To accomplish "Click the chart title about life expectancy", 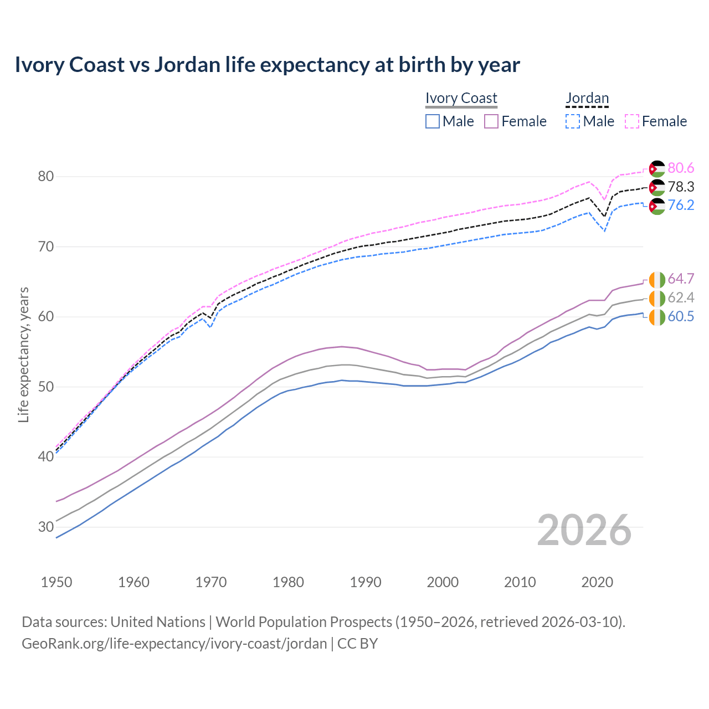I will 267,65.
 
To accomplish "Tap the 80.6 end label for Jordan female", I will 681,168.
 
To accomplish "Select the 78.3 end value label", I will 681,187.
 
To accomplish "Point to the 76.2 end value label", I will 681,205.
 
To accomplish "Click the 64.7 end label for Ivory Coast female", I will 681,279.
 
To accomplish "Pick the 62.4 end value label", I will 681,298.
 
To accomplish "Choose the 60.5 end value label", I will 681,317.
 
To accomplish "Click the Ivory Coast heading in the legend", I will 461,98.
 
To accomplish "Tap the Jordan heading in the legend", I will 587,98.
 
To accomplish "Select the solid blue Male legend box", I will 433,121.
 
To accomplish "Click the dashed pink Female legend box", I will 632,121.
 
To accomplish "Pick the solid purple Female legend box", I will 491,121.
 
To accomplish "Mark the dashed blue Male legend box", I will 573,121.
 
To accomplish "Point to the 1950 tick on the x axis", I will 56,582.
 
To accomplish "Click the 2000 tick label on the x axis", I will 443,582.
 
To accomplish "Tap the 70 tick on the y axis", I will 45,246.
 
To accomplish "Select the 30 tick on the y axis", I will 45,527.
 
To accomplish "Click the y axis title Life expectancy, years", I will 23,354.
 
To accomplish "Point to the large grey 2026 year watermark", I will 584,530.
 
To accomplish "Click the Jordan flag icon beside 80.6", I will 657,168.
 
